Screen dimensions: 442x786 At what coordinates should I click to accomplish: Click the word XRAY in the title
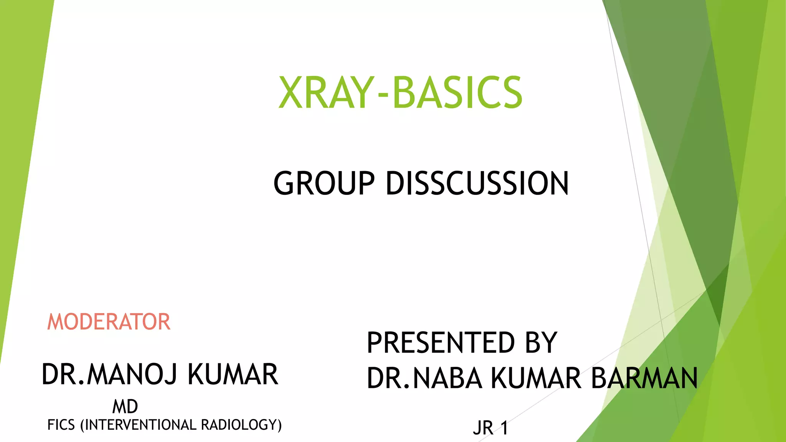(x=326, y=92)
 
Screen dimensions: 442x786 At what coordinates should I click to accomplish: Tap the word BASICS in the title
(x=457, y=92)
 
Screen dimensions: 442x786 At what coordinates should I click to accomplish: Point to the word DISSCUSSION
(x=477, y=183)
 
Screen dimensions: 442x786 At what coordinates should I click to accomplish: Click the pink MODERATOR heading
(x=109, y=322)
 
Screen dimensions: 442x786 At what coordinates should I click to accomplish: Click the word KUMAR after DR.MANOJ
(x=233, y=374)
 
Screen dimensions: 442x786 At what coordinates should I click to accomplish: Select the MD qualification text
(x=125, y=407)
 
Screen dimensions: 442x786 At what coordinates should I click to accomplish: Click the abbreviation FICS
(x=61, y=425)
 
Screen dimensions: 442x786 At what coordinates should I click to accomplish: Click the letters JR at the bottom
(x=483, y=428)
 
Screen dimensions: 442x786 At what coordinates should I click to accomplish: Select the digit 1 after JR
(x=504, y=428)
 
